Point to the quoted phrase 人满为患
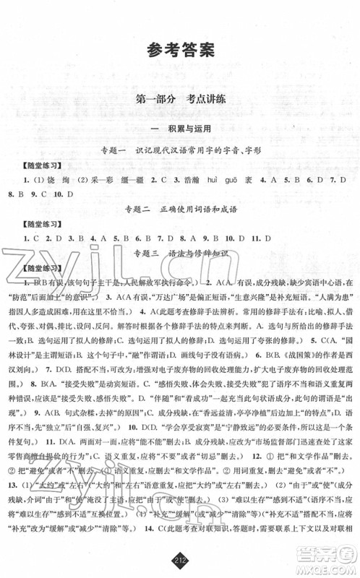[323, 296]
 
